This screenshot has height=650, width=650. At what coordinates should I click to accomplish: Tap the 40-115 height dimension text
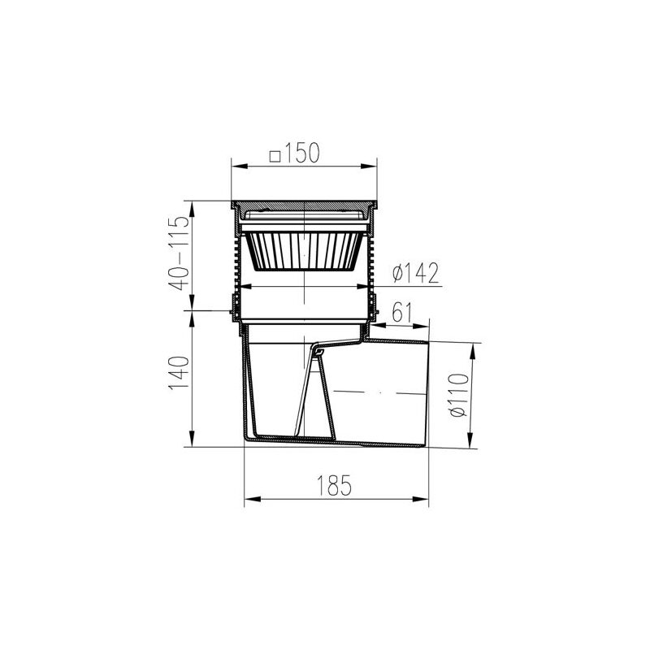(x=179, y=253)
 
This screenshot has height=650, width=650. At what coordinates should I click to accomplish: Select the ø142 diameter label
(x=415, y=273)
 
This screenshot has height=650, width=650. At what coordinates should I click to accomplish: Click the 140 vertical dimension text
(x=179, y=373)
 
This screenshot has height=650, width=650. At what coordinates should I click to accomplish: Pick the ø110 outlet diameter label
(x=459, y=395)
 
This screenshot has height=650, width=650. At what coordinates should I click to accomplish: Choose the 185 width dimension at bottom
(x=334, y=485)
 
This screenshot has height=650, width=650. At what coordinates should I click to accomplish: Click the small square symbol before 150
(x=275, y=157)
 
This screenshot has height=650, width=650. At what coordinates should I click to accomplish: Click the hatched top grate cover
(x=304, y=205)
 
